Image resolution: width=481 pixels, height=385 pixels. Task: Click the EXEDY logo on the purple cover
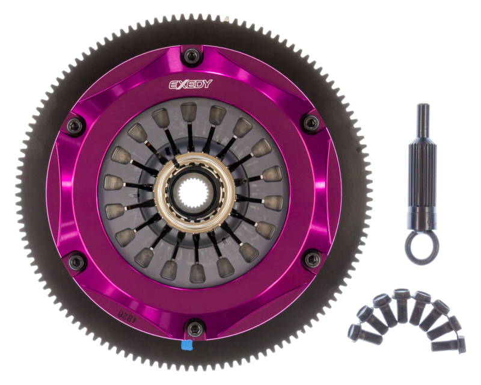(x=190, y=84)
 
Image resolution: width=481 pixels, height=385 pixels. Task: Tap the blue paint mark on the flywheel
(x=186, y=346)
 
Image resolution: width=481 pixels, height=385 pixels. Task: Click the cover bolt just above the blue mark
(x=194, y=328)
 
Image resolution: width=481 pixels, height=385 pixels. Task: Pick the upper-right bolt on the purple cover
(x=310, y=123)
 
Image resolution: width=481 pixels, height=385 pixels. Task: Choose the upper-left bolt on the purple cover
(x=75, y=125)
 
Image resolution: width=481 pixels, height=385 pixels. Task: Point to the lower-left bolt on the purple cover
(x=76, y=262)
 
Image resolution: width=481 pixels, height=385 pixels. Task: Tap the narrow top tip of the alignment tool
(x=422, y=114)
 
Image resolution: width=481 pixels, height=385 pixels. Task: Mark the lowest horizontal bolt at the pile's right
(x=448, y=345)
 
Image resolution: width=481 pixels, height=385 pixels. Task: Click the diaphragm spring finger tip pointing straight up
(x=189, y=111)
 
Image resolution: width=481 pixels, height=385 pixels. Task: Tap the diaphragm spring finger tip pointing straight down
(x=198, y=272)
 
